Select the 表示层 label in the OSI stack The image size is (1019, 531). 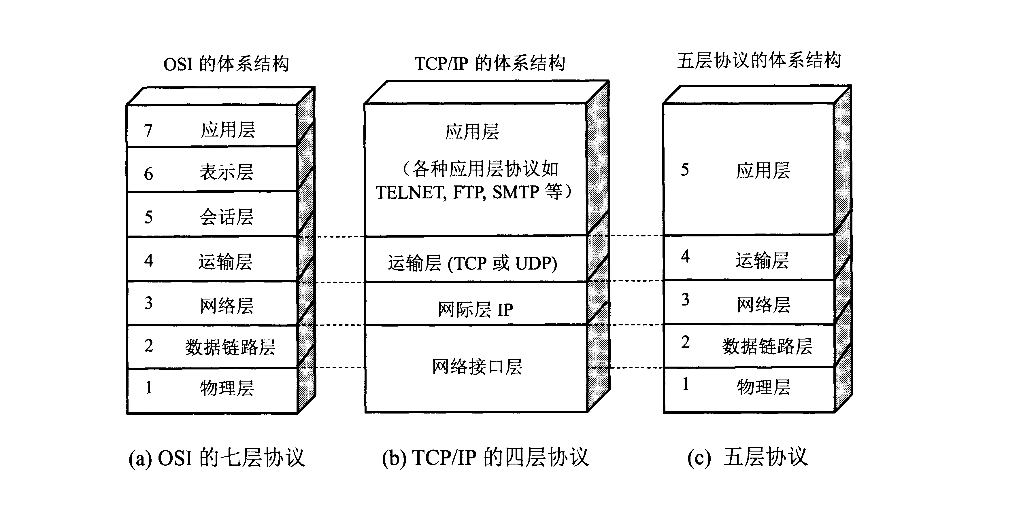226,172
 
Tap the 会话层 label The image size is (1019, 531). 226,217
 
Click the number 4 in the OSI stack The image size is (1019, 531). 148,261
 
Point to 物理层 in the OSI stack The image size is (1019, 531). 227,388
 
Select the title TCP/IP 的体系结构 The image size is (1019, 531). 490,63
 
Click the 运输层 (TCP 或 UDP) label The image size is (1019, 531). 473,263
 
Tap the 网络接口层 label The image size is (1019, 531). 477,367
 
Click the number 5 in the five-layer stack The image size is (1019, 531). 685,170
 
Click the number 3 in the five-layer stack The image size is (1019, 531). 685,300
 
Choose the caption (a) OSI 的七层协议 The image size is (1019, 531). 217,458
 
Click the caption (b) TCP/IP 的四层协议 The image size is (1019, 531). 485,458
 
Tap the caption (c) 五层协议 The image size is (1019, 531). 747,458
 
